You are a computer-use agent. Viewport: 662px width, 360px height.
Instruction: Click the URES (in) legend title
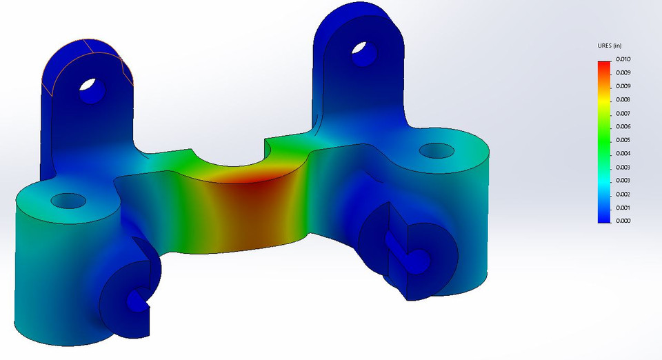coord(610,46)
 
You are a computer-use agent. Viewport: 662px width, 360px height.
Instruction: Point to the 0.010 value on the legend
coord(623,59)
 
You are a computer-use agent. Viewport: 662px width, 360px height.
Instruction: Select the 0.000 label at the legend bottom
coord(623,221)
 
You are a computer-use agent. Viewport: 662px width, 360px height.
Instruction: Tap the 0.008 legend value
coord(623,100)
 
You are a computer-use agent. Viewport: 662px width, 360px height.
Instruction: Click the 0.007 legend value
coord(623,113)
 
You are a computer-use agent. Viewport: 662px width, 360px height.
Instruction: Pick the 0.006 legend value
coord(623,127)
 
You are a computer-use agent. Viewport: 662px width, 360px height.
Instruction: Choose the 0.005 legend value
coord(623,140)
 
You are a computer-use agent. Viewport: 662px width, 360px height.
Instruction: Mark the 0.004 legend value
coord(623,154)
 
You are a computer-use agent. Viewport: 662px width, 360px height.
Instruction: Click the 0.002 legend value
coord(623,194)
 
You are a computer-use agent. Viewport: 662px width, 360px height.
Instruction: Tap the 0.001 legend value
coord(623,208)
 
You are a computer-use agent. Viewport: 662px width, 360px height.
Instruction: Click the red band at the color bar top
coord(604,66)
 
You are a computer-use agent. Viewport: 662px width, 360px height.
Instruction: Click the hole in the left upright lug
coord(90,89)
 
